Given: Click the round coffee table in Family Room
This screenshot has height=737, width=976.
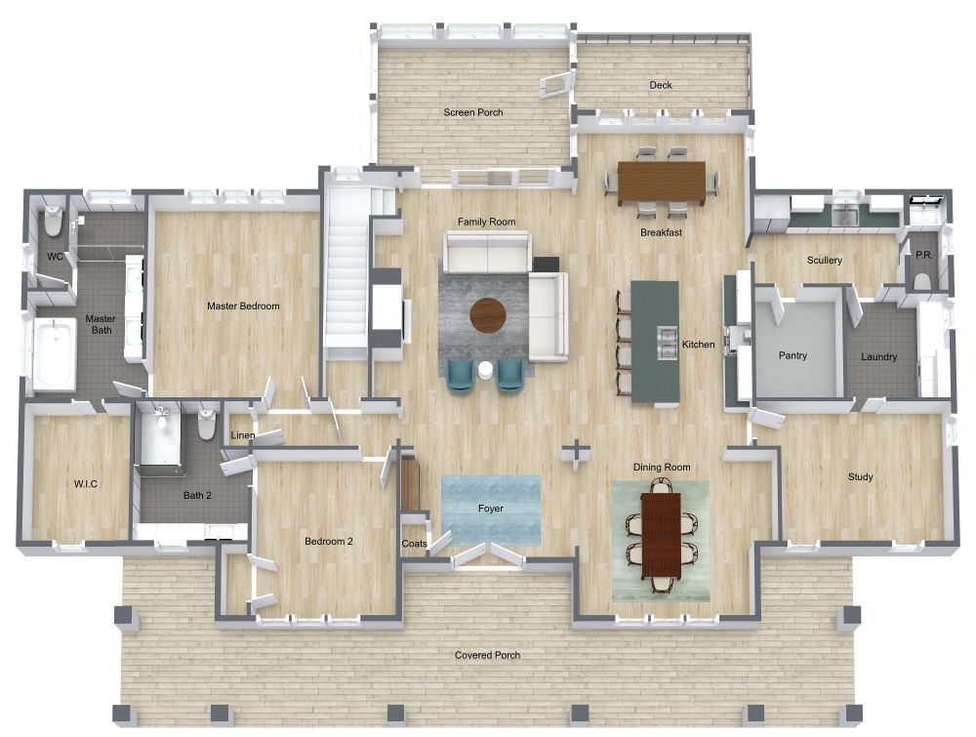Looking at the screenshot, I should (x=488, y=314).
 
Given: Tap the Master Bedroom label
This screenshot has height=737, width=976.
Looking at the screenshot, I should (x=243, y=307).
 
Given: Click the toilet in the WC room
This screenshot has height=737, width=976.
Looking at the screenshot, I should (x=54, y=223).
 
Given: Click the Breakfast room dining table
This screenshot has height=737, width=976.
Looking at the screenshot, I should (x=661, y=181).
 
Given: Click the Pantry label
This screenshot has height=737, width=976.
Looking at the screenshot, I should (x=793, y=356).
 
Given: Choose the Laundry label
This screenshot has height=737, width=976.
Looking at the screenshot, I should (x=878, y=357).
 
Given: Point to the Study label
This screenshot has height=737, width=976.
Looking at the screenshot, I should (x=860, y=477).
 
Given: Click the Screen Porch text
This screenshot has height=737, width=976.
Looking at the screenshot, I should (x=473, y=113).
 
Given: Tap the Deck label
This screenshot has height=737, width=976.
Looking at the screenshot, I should (x=661, y=86).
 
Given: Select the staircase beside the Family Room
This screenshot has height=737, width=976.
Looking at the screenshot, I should (x=346, y=264).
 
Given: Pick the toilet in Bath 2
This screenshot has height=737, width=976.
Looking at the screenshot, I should (x=207, y=424).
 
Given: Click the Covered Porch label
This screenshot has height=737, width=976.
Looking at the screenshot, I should (x=487, y=655).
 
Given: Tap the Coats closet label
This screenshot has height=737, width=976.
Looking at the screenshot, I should (x=413, y=544).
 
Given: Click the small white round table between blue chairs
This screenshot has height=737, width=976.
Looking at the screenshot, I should (x=485, y=369).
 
